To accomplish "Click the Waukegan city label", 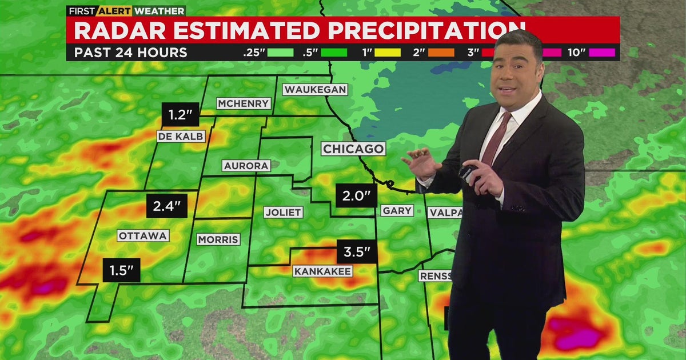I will tap(315, 90).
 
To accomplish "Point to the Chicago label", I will tap(353, 149).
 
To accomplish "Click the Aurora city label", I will tap(246, 166).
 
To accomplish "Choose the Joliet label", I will tap(284, 212).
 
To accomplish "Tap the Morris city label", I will tap(218, 239).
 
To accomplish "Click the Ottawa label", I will tap(143, 235).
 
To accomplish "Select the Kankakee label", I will tap(322, 271).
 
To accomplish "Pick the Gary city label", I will tap(397, 210).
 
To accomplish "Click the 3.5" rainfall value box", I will tap(357, 251).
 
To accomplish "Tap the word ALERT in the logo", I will tap(115, 10).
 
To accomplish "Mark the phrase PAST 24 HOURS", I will tap(131, 53).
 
